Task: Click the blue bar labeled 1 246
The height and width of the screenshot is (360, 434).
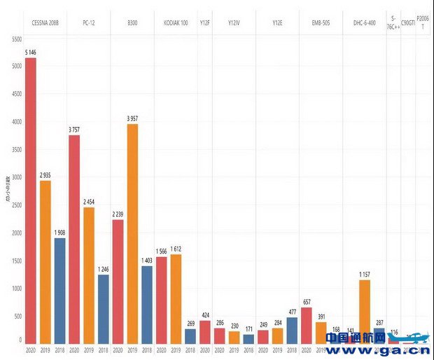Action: click(x=103, y=309)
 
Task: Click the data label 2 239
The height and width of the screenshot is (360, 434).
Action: click(x=118, y=213)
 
